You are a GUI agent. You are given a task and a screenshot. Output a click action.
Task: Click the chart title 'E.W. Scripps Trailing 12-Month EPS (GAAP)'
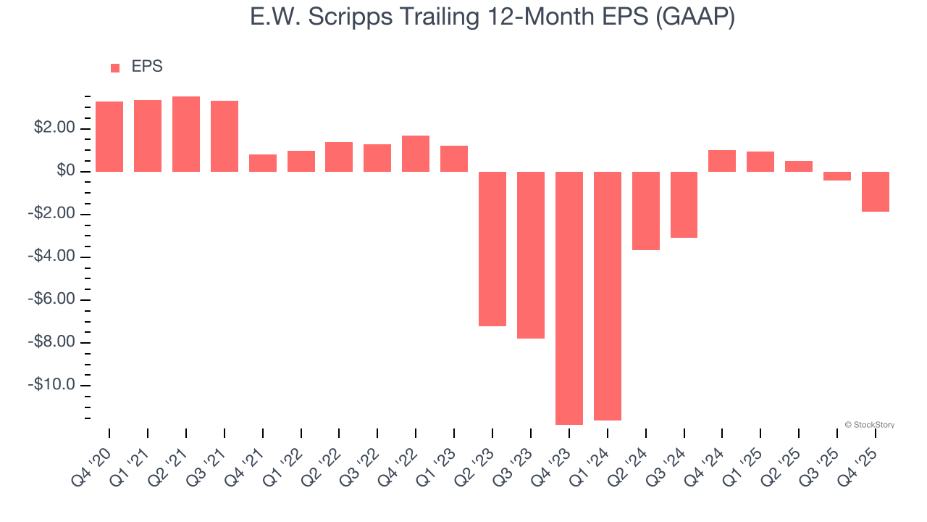[492, 17]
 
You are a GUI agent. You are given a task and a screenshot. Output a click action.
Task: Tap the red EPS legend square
[115, 68]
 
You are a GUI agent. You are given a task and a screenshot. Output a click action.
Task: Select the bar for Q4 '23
[569, 298]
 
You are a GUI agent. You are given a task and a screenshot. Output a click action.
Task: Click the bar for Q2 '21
[186, 134]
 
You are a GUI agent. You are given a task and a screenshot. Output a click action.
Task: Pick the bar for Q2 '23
[492, 249]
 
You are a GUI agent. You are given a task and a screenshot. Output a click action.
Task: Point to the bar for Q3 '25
[837, 176]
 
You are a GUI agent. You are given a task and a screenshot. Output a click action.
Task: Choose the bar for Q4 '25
[876, 191]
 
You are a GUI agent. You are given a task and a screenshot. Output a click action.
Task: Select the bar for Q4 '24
[722, 161]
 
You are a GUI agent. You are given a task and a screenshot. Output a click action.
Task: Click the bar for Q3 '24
[684, 204]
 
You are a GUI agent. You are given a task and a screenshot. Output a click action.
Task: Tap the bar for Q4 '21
[263, 163]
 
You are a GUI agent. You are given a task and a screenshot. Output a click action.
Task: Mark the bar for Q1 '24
[608, 296]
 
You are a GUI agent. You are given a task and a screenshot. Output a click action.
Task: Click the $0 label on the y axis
[67, 172]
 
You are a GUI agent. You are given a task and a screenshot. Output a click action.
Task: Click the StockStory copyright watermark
[870, 425]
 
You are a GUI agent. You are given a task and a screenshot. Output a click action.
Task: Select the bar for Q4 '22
[416, 154]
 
